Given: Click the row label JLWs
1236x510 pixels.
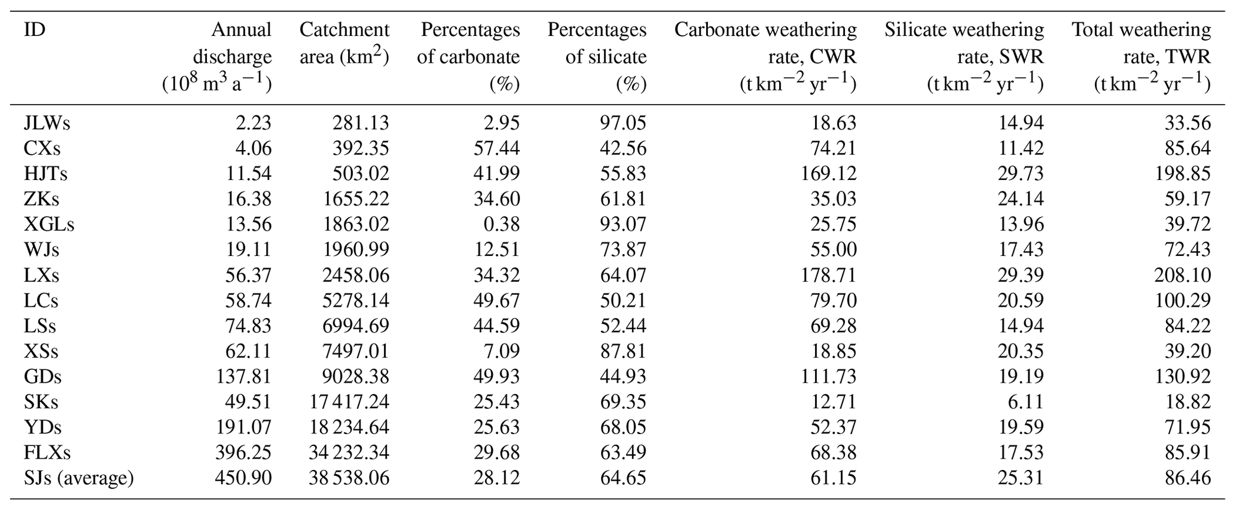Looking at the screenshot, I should (47, 123).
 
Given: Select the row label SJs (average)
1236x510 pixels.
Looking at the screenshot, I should (78, 478).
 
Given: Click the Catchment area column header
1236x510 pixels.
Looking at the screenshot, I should (344, 43).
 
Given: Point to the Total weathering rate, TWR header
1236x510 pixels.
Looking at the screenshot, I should (1141, 57).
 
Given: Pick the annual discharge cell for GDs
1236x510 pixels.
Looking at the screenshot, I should (243, 377).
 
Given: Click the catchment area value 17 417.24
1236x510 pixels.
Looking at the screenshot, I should (349, 402).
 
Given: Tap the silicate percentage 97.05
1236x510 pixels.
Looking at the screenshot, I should (623, 123).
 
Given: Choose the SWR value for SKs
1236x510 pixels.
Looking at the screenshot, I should (1026, 402).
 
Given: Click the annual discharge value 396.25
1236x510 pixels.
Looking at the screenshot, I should (243, 453).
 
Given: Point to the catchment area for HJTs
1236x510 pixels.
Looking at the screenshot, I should (361, 174).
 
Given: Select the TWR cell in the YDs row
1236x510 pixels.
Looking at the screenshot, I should (1188, 427).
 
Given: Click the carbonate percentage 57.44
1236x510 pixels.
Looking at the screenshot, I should (496, 148).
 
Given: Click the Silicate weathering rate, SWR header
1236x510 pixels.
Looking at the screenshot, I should (964, 57).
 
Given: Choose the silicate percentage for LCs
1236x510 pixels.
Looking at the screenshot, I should (623, 301).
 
